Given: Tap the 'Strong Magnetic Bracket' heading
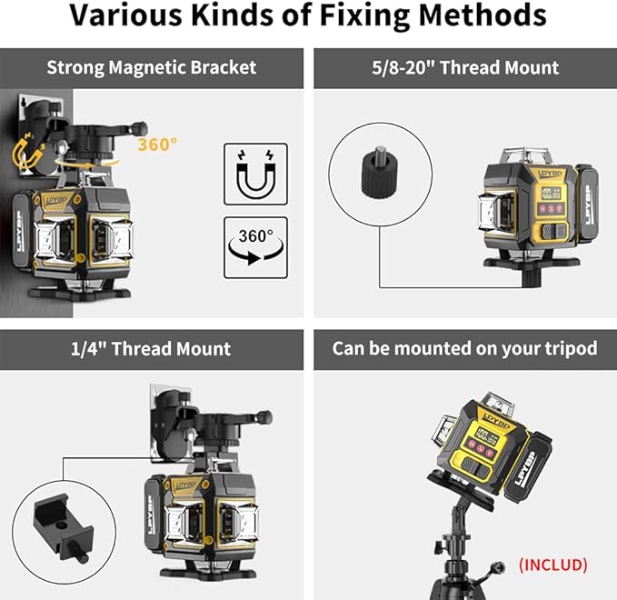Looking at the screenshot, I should point(151,67).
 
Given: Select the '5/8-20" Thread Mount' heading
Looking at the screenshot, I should point(464,67).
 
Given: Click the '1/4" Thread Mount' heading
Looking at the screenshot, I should point(151,349).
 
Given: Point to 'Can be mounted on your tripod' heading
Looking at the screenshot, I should point(464,349).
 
